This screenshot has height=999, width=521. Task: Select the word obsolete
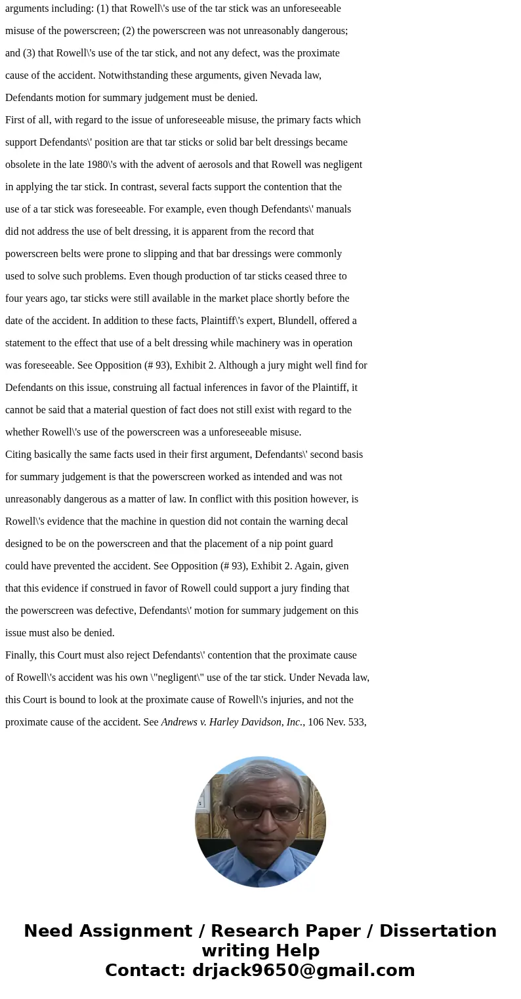click(24, 165)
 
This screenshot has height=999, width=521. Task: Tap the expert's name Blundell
click(321, 321)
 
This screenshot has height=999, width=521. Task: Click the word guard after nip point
click(320, 544)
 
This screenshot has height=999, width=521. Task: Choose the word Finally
click(22, 655)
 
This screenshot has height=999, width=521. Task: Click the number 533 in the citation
click(356, 722)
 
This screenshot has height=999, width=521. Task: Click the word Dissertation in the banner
click(438, 931)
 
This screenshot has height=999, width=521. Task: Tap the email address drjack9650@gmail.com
click(303, 971)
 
